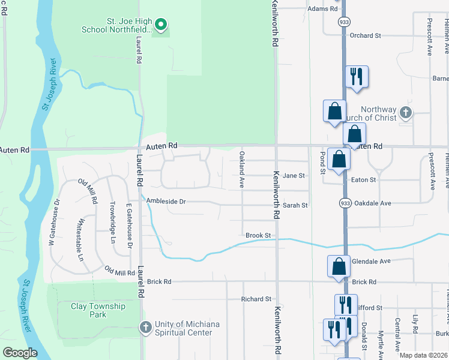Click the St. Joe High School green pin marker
[160, 25]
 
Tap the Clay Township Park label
[98, 310]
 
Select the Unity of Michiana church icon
[145, 328]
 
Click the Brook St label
[259, 236]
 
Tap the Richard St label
[256, 299]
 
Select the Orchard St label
[366, 36]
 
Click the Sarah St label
[295, 205]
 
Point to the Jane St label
[294, 176]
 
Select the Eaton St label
[363, 179]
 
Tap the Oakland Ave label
[242, 170]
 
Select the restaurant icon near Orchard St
[357, 77]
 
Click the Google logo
[20, 353]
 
